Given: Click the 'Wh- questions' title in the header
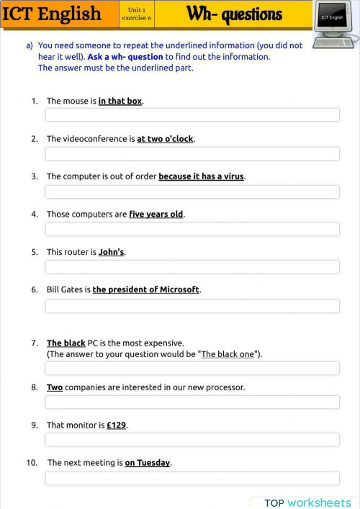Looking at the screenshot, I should point(234,14).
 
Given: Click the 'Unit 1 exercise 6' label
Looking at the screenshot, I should point(136,14).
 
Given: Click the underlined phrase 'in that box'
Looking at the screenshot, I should point(120,102).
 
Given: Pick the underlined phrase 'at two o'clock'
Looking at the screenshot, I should point(165,139).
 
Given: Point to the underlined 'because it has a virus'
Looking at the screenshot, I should point(201,176).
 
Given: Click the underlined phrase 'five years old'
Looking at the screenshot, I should point(156,215).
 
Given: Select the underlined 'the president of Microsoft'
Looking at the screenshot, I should point(145,289).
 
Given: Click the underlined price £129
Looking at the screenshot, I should point(117,425).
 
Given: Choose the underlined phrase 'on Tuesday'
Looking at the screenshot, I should point(148,463).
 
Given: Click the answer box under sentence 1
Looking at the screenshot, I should point(192,115).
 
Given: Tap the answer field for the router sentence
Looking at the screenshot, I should point(192,266).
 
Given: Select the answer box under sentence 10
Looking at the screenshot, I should point(192,478).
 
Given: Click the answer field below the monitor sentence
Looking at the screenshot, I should point(192,439).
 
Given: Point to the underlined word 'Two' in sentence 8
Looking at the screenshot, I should point(55,387).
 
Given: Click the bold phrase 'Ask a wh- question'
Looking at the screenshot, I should point(125,57).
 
